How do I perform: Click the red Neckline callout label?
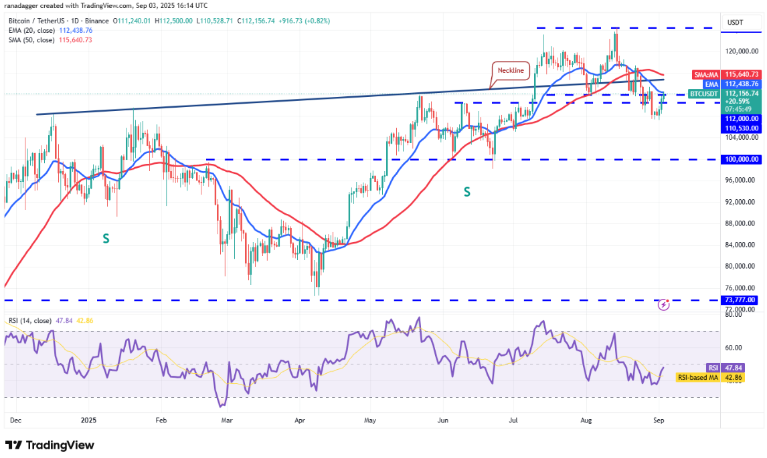(511, 70)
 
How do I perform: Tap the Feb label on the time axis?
(161, 421)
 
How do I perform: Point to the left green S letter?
(106, 237)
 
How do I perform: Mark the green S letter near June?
(466, 192)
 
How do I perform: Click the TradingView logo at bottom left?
(50, 445)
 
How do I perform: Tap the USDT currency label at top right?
(735, 23)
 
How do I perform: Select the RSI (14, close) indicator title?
(31, 321)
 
